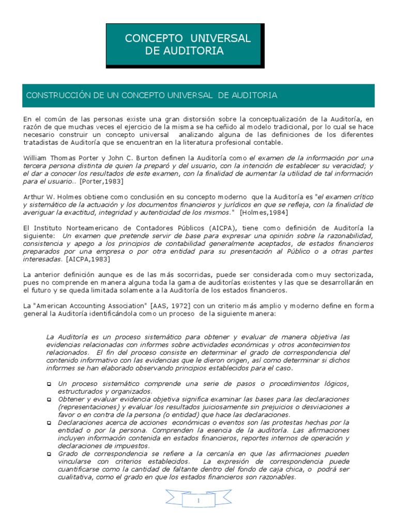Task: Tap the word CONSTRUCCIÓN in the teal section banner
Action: coord(54,96)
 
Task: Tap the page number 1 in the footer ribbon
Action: coord(198,502)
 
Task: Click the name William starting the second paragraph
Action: coord(37,158)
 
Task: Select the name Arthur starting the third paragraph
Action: coord(35,198)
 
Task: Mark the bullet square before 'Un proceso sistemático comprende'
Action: coord(49,384)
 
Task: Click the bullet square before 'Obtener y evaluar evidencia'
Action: coord(49,400)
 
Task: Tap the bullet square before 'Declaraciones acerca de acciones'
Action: coord(49,423)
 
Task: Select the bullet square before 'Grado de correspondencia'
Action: coord(49,454)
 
